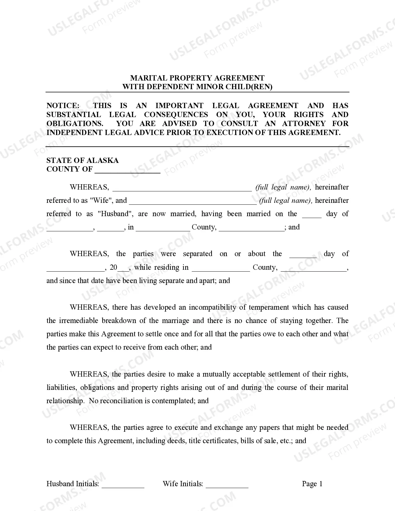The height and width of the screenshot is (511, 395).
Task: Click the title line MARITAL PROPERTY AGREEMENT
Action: pos(197,78)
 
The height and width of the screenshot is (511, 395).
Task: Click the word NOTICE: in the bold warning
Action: pos(63,106)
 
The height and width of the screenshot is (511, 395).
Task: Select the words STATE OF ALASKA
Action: pos(82,160)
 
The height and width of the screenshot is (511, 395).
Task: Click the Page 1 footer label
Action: pos(312,484)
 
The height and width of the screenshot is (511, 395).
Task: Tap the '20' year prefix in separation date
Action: pos(114,267)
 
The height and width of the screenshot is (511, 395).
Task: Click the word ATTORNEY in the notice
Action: pos(304,124)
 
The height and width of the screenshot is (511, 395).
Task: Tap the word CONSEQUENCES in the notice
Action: pos(176,115)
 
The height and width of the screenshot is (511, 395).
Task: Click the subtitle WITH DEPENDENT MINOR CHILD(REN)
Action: pos(197,87)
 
